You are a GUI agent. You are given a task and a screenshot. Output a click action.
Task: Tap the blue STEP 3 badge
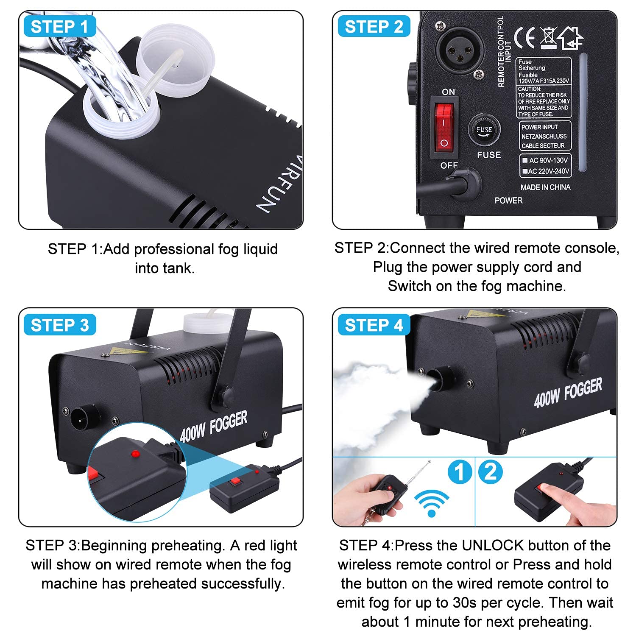pos(60,325)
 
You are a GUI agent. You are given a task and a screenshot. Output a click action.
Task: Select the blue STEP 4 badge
pos(374,325)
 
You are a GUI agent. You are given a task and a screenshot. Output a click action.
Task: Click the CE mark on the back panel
pos(524,37)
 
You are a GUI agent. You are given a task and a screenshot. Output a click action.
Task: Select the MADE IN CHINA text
pos(545,187)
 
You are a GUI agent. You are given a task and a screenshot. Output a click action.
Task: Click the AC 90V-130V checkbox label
pos(545,160)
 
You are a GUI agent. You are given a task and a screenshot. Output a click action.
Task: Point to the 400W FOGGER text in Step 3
pos(213,426)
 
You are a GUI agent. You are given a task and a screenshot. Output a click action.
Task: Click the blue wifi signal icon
pos(432,503)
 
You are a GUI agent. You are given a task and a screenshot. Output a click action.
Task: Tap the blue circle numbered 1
pos(460,471)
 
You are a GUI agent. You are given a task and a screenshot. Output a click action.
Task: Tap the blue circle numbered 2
pos(491,471)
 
